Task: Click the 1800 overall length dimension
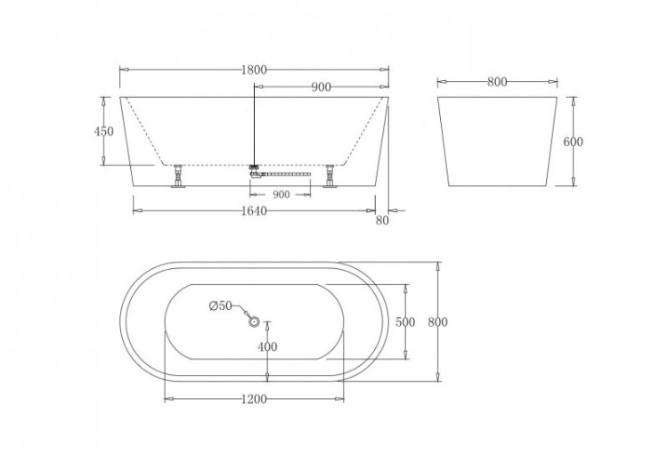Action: (255, 69)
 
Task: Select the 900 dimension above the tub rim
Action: (322, 86)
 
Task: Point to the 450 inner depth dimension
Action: (104, 131)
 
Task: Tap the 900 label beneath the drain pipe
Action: (281, 193)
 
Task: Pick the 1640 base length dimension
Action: (254, 211)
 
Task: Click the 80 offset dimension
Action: (383, 221)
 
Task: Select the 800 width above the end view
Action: (497, 82)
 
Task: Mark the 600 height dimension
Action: (573, 142)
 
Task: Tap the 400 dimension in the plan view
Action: (267, 346)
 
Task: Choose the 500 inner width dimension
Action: (406, 322)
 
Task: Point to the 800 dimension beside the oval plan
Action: (437, 322)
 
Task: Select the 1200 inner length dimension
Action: (254, 399)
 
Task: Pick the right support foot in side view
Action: (333, 175)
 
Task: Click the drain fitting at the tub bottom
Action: (255, 169)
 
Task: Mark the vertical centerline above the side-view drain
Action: (254, 125)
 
